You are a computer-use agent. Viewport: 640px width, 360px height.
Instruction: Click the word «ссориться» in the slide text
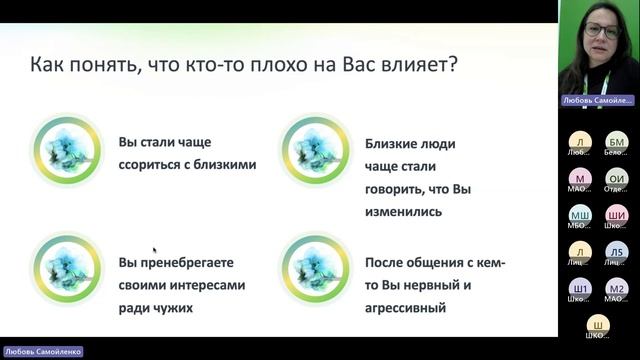149,164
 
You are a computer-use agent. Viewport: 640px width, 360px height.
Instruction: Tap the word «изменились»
403,211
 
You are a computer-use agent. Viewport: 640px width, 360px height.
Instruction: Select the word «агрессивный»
405,308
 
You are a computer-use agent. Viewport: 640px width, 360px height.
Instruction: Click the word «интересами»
208,285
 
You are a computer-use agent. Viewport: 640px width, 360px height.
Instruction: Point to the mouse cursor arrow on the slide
154,250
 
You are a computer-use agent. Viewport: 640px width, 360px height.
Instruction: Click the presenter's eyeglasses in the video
601,31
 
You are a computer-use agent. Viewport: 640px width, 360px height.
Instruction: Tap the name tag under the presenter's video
596,100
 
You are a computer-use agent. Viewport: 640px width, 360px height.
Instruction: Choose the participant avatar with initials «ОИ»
617,178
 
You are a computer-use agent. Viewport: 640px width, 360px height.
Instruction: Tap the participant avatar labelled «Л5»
617,251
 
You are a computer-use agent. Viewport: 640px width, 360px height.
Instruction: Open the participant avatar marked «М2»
617,288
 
